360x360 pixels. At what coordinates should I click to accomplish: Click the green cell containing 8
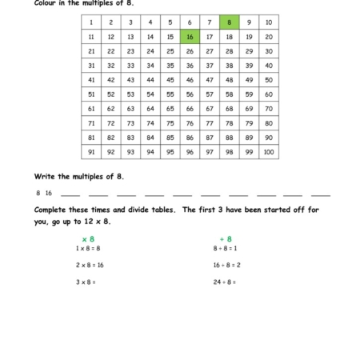tap(229, 22)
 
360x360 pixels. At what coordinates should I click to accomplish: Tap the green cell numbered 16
tap(190, 37)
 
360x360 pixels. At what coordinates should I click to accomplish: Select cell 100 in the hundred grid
tap(268, 152)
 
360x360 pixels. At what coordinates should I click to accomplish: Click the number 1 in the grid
tap(91, 22)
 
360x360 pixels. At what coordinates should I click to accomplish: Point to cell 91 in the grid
tap(91, 152)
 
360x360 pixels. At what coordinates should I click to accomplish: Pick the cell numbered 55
tap(170, 94)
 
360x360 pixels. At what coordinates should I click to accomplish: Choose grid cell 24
tap(150, 51)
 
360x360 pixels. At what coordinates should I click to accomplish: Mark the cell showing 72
tap(111, 123)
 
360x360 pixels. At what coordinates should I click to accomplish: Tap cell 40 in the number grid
tap(268, 66)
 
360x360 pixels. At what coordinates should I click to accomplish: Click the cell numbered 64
tap(150, 109)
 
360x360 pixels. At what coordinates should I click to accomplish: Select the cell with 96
tap(190, 152)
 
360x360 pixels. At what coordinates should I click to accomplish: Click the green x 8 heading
tap(88, 238)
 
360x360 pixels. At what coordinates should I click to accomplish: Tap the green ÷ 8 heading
tap(226, 238)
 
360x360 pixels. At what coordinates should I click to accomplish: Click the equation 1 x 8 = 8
tap(88, 249)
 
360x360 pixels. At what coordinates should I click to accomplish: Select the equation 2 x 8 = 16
tap(90, 265)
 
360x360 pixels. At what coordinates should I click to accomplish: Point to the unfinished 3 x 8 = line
tap(86, 282)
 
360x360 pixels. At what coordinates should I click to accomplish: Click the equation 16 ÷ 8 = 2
tap(227, 265)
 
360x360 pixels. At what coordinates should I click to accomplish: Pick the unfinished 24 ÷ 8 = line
tap(225, 282)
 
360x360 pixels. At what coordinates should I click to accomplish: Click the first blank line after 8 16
tap(70, 194)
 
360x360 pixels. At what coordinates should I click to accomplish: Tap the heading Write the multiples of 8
tap(78, 175)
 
